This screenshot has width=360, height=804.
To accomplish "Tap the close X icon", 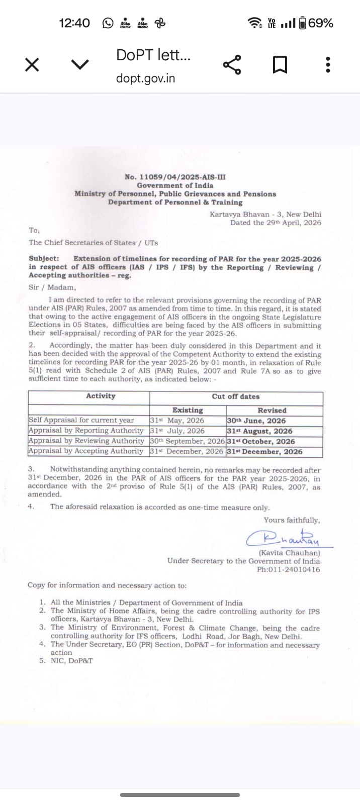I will coord(32,65).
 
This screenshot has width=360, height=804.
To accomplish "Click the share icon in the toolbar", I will coord(232,65).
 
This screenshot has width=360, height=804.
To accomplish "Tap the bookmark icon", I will coord(280,65).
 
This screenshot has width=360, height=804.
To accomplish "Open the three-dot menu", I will coord(328,65).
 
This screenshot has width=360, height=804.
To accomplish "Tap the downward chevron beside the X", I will coord(80,64).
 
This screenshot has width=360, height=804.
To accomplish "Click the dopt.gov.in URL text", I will coord(145,78).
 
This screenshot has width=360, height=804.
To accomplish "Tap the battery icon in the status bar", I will coord(302,23).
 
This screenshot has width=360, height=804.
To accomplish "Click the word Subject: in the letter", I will coord(44,259).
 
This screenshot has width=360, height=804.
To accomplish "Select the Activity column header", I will coord(101,396).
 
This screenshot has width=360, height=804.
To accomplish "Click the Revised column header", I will coord(272,410).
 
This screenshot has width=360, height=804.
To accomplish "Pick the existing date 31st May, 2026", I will coord(177,421).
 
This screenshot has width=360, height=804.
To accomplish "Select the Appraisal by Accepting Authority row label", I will coord(86,451).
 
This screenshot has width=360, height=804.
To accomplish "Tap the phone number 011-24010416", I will coord(288,569).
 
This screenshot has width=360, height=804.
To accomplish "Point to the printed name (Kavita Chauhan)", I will coord(289,553).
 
